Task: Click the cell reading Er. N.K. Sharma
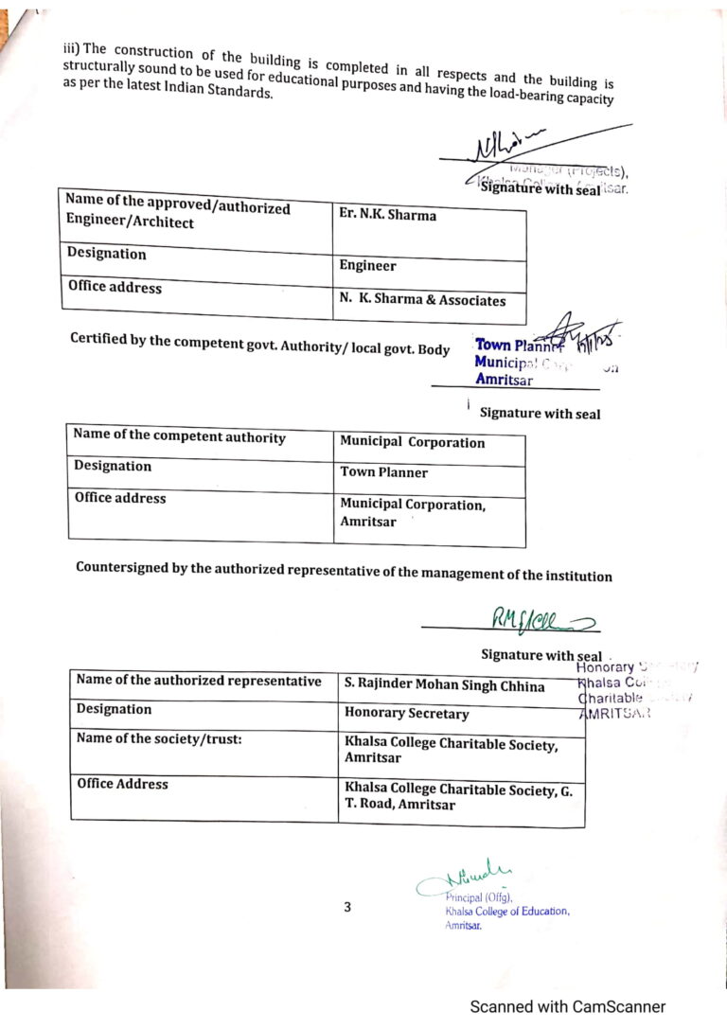[387, 215]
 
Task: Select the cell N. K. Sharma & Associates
[421, 301]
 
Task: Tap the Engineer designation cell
[367, 266]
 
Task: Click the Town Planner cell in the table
[383, 472]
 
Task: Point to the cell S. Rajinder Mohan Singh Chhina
[444, 685]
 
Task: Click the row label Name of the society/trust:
[159, 739]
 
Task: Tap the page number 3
[347, 907]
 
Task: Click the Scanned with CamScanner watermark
[567, 1006]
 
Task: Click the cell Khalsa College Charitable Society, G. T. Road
[459, 796]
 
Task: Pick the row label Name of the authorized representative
[198, 681]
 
